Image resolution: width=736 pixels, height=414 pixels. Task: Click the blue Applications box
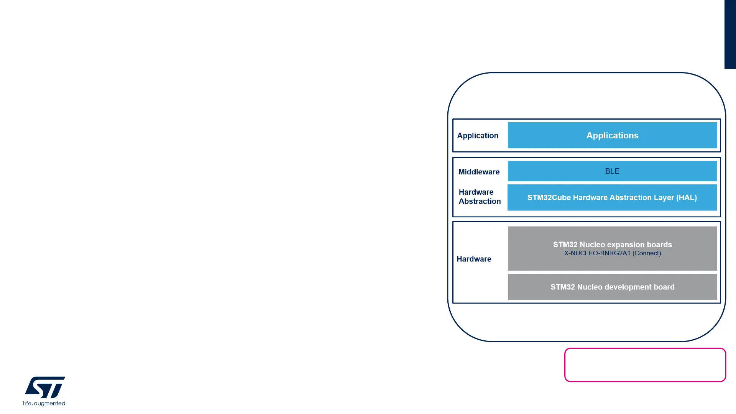[x=612, y=135]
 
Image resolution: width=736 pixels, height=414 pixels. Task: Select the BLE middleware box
[x=612, y=171]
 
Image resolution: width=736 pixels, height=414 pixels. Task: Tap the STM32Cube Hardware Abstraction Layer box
[x=612, y=197]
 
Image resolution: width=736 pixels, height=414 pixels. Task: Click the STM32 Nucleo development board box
[x=612, y=287]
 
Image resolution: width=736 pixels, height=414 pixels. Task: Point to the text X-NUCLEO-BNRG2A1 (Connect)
[x=612, y=253]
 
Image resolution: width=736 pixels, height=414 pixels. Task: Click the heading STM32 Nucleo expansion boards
[x=612, y=245]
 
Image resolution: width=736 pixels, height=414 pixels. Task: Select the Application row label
[x=478, y=136]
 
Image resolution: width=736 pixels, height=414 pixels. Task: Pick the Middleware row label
[x=479, y=172]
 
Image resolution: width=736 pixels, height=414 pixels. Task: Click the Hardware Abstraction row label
[x=480, y=197]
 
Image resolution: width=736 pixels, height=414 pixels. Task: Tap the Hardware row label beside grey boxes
[x=474, y=259]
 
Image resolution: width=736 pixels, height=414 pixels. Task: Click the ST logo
[x=45, y=387]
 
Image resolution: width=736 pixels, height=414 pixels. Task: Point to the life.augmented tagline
[x=44, y=404]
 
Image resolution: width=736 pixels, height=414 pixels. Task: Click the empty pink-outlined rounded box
[x=645, y=365]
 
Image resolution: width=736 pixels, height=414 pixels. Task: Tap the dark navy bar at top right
[x=730, y=34]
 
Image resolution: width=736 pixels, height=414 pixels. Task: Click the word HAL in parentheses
[x=687, y=198]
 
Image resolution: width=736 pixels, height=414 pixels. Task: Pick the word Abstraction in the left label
[x=480, y=202]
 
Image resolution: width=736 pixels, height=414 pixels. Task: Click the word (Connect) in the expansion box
[x=647, y=253]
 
